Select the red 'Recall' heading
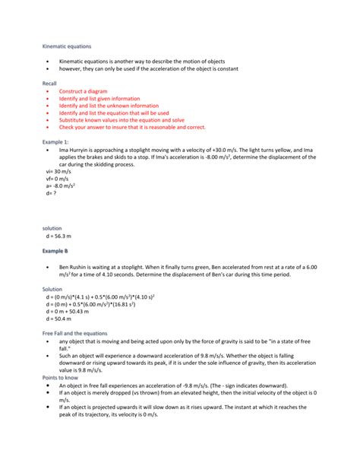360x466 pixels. [x=49, y=83]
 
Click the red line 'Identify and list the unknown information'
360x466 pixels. [x=109, y=105]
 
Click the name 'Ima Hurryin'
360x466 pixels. [x=76, y=150]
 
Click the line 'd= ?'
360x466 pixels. [x=52, y=193]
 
